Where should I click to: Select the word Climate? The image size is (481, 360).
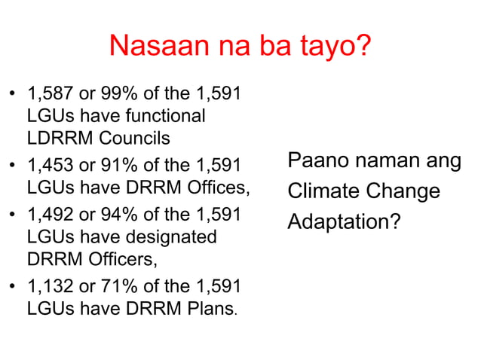[322, 191]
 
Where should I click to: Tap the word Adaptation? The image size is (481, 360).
[344, 221]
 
